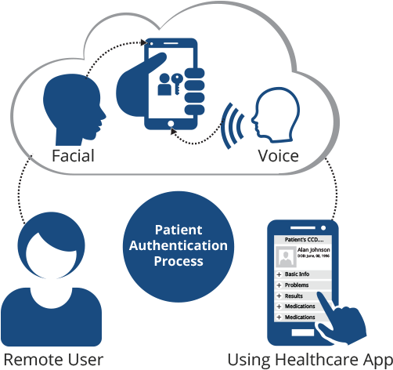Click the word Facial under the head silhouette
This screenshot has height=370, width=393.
(x=73, y=155)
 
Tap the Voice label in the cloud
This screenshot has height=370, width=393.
(x=278, y=155)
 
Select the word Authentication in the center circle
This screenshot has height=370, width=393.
(x=178, y=245)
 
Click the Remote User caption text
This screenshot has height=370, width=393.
(x=52, y=360)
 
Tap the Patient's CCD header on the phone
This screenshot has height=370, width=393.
(x=301, y=238)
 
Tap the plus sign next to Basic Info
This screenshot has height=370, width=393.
(x=279, y=275)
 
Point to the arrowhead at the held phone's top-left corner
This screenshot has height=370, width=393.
(x=143, y=42)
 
